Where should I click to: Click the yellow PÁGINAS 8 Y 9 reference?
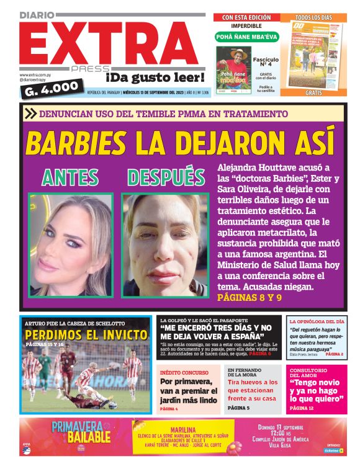click(x=250, y=298)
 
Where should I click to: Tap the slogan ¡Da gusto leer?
click(x=155, y=78)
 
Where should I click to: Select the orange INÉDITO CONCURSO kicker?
click(x=181, y=371)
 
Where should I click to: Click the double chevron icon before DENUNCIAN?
click(x=30, y=114)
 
